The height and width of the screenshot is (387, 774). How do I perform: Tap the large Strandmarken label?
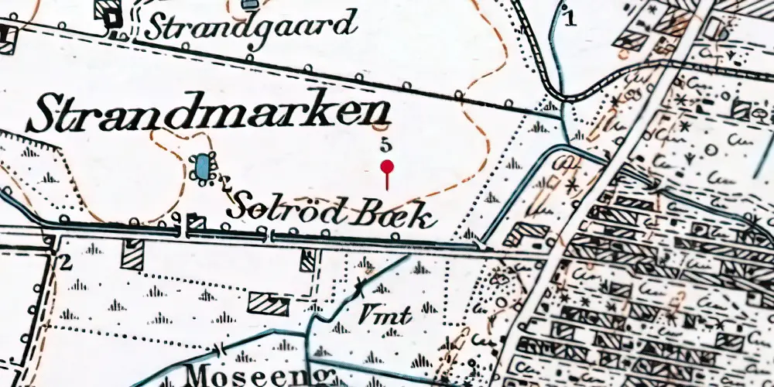coord(209,115)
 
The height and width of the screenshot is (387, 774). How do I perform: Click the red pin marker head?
coord(387,166)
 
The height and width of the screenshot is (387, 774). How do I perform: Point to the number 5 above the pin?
coord(386,145)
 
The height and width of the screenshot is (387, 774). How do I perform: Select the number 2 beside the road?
coord(66,262)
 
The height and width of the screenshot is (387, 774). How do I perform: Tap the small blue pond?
coord(202,166)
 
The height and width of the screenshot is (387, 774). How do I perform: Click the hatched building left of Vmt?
coord(268,303)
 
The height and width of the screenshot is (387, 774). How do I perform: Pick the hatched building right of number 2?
coord(132,254)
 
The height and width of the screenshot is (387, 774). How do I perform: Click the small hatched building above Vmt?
coord(308,259)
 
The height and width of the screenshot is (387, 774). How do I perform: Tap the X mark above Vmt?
coord(360,289)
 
